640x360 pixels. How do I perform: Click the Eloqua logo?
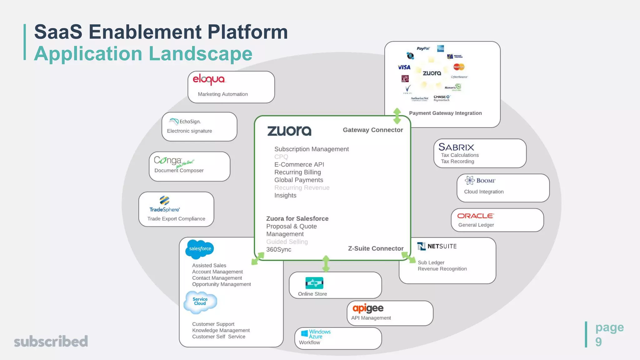(209, 79)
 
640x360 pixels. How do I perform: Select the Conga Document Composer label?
(179, 170)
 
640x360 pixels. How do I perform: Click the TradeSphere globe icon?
(164, 200)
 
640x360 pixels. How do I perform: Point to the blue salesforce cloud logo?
(200, 249)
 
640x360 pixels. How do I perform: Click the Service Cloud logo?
(200, 302)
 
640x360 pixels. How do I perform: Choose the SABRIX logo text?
(456, 147)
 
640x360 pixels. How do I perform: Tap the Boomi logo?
(480, 180)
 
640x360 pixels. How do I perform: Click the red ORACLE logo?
(475, 216)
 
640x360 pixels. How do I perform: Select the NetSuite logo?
(437, 246)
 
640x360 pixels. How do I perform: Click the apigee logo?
(368, 308)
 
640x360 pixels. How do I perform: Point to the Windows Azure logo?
(316, 334)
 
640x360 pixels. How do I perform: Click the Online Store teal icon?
(314, 283)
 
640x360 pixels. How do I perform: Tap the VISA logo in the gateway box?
(404, 67)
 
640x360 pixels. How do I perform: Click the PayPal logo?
(423, 48)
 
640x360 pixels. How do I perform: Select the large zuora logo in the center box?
(289, 131)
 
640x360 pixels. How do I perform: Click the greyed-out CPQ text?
(281, 157)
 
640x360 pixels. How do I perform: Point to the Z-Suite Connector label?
(376, 248)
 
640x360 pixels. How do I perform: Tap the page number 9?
(598, 342)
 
